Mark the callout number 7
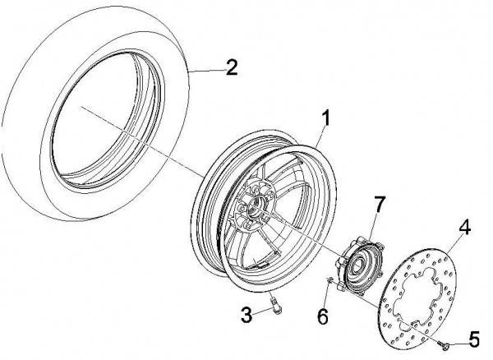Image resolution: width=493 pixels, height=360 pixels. click(379, 202)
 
